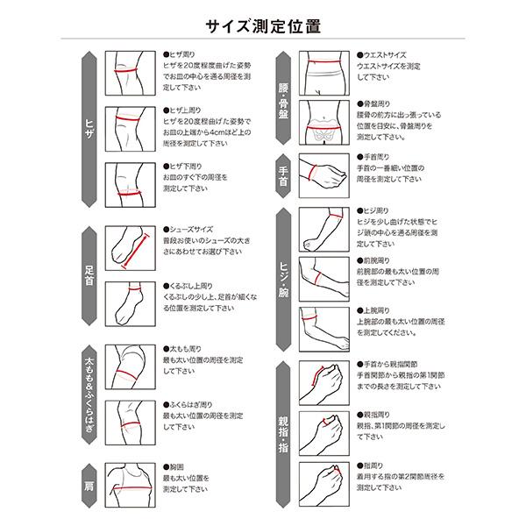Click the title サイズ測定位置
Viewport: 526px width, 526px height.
click(263, 25)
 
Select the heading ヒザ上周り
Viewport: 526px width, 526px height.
click(189, 110)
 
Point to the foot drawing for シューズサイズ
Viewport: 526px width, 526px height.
click(130, 248)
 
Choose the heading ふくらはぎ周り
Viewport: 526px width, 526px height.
click(195, 403)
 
